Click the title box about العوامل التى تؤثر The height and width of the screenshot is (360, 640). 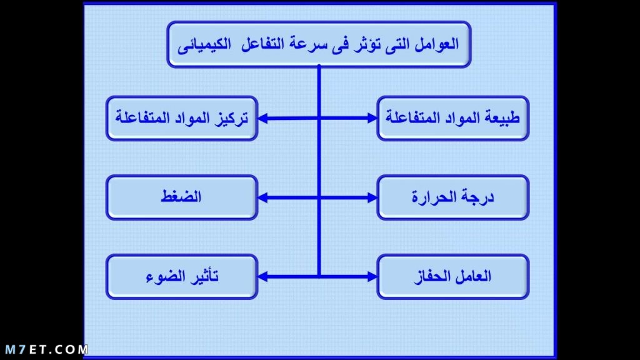pos(319,44)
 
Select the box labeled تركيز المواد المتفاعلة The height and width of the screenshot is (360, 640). pos(182,118)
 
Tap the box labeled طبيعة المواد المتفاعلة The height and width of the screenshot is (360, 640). pos(453,118)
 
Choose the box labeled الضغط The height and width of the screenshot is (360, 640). pos(182,197)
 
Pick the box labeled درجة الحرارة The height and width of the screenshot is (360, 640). pos(453,197)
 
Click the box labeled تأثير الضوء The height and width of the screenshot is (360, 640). pos(182,277)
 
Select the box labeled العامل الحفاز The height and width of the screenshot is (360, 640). pos(453,277)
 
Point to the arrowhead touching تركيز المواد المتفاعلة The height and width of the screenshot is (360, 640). pos(263,118)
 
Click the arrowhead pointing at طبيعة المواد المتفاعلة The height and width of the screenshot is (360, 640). pos(372,118)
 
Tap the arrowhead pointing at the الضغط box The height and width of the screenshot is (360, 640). pos(263,197)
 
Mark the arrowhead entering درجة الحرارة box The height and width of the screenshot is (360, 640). pos(372,197)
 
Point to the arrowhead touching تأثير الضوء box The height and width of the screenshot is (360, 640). pos(263,277)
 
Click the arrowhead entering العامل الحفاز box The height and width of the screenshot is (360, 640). pos(372,277)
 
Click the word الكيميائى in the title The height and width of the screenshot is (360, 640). pos(204,44)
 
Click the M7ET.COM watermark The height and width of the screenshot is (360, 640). pos(46,349)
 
